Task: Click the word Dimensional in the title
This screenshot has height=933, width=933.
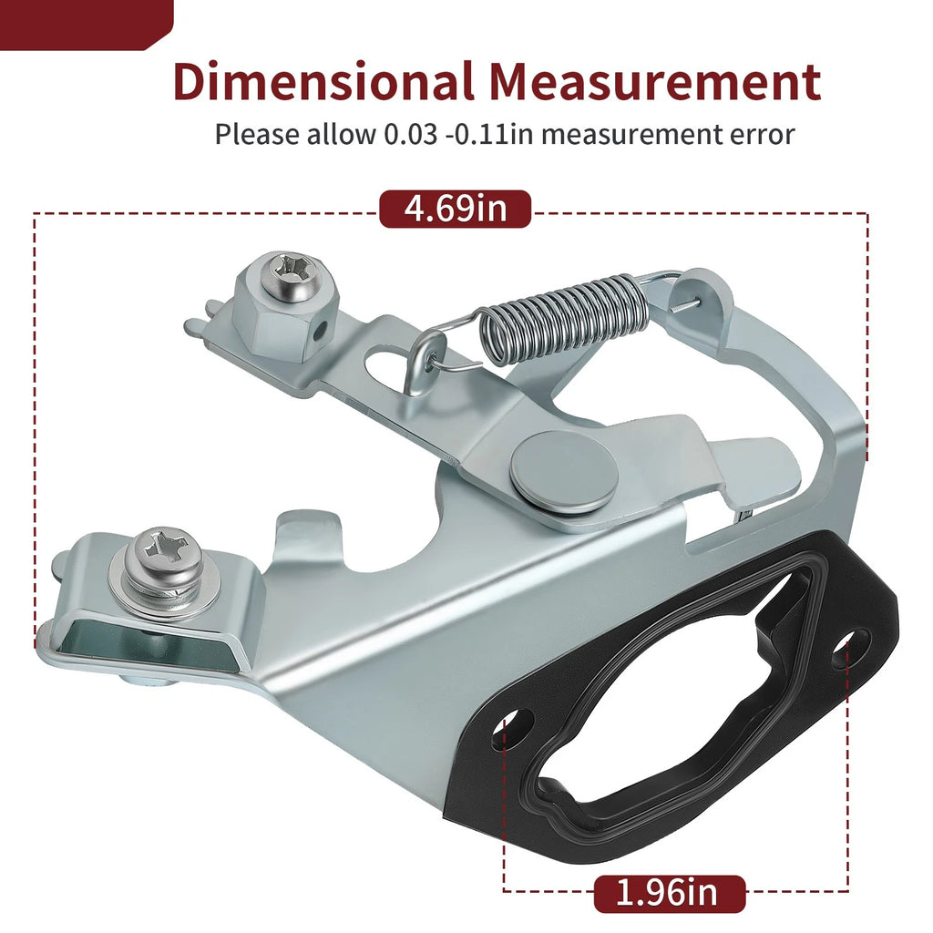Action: (x=323, y=81)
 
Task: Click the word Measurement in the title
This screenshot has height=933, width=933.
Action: (x=654, y=81)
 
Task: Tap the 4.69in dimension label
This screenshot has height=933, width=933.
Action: (x=456, y=209)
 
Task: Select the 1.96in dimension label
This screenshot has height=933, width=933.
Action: (x=670, y=894)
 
